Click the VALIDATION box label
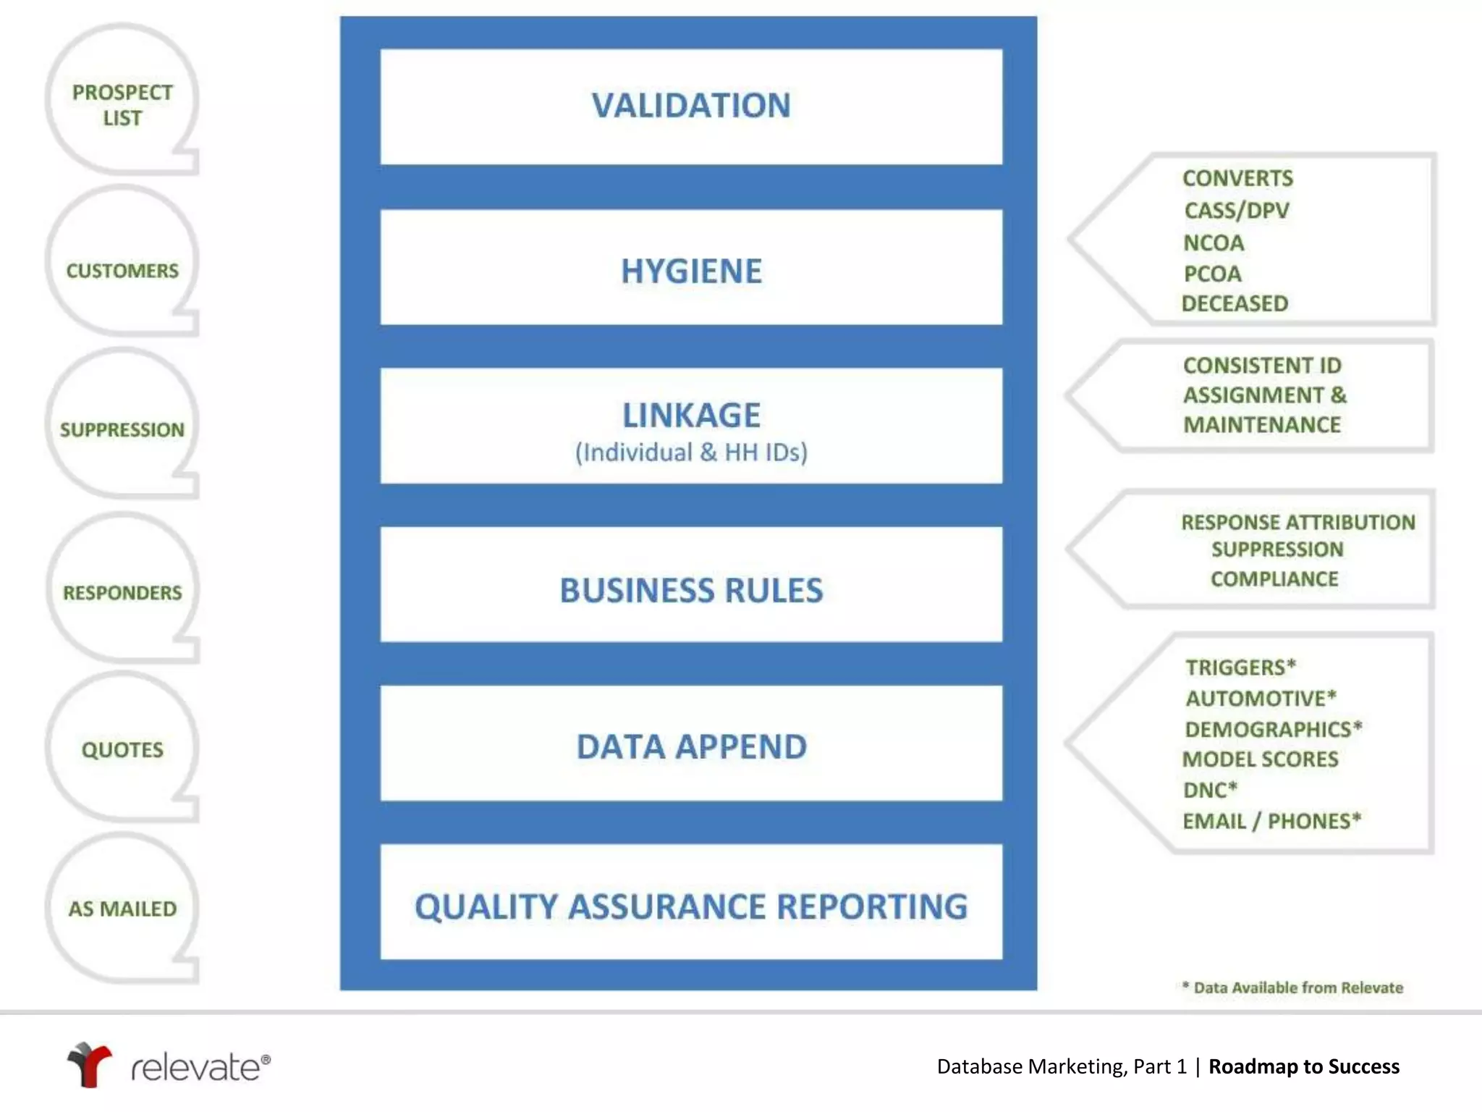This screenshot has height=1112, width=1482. coord(691,106)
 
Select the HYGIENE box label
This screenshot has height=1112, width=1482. coord(691,271)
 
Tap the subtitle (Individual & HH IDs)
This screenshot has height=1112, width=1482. coord(691,452)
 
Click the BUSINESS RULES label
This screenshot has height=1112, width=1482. coord(691,590)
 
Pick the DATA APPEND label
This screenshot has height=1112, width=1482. coord(691,746)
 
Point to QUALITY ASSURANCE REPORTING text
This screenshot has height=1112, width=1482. coord(691,906)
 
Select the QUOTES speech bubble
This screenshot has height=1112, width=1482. coord(122,749)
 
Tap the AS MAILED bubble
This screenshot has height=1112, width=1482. coord(122,909)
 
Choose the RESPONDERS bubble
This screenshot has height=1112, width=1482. coord(122,592)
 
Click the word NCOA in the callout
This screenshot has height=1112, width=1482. coord(1214,243)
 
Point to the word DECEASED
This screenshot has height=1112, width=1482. coord(1235,303)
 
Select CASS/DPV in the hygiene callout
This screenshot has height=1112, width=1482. coord(1237,211)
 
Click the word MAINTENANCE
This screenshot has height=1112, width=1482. coord(1262,425)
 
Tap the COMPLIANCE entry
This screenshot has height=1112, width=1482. coord(1274,579)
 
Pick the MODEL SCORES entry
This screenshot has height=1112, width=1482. coord(1260,759)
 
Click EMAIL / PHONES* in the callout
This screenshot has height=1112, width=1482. coord(1271,821)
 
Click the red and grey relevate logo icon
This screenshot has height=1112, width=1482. coord(89,1064)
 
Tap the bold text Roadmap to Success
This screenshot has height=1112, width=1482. coord(1304,1066)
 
